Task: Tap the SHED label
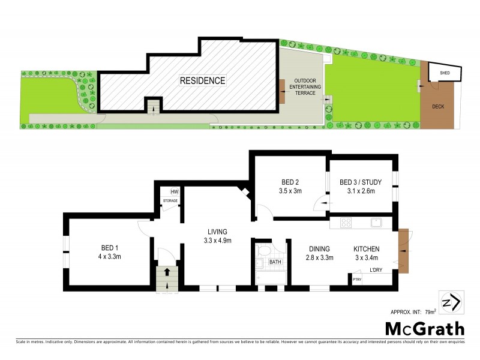[x=445, y=73]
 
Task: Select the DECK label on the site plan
[x=439, y=107]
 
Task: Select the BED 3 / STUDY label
[x=357, y=182]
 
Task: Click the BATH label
[x=275, y=262]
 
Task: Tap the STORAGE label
[x=170, y=200]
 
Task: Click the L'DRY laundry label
[x=376, y=269]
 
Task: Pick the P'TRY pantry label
[x=356, y=279]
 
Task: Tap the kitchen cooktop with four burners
[x=346, y=223]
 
